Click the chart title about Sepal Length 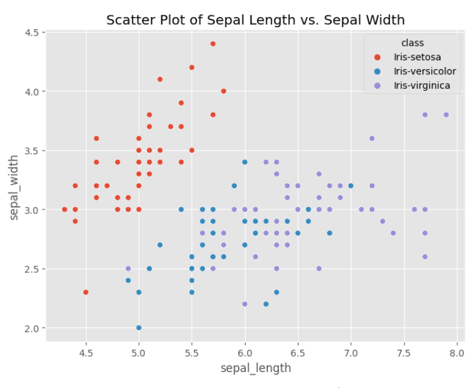[x=255, y=20]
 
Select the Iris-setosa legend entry [x=416, y=57]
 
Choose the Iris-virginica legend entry [x=422, y=85]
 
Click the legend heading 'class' [x=412, y=43]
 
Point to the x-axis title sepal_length [x=255, y=368]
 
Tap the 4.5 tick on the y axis [x=31, y=32]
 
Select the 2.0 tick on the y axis [x=31, y=328]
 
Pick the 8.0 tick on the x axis [x=457, y=352]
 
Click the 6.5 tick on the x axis [x=298, y=352]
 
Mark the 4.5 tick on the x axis [x=86, y=352]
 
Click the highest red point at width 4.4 [x=213, y=44]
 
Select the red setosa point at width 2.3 [x=86, y=293]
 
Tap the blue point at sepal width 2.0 [x=138, y=328]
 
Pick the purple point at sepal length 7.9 [x=446, y=115]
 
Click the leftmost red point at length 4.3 [x=65, y=209]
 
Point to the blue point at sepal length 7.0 [x=351, y=186]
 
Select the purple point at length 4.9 [x=128, y=268]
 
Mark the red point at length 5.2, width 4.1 [x=160, y=79]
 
